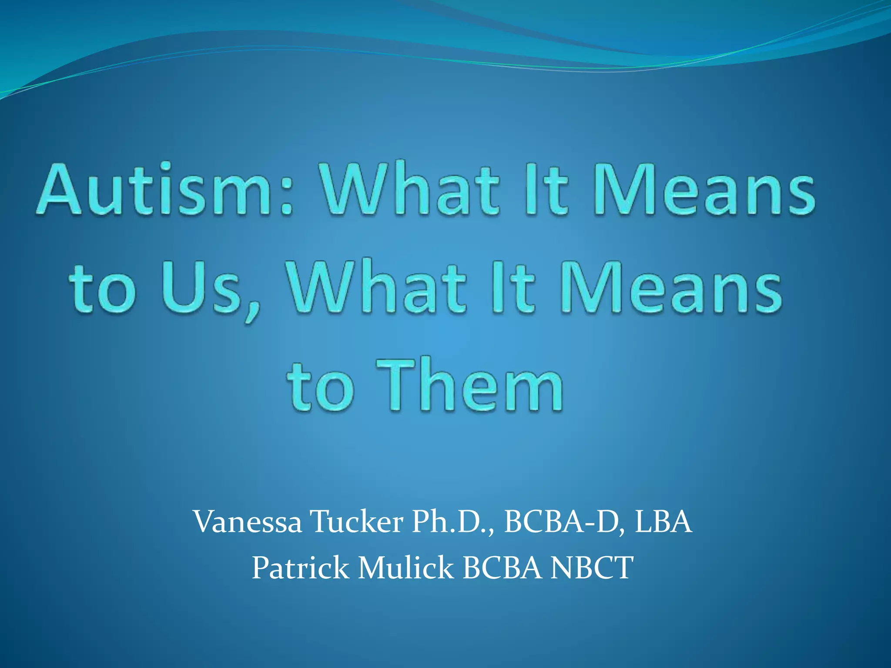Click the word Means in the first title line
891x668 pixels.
[704, 190]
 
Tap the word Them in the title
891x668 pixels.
[470, 385]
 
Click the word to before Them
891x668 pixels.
[320, 387]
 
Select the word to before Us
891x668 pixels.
[102, 289]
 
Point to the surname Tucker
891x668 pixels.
[356, 522]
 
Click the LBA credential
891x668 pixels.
[663, 522]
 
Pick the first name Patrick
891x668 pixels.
[300, 568]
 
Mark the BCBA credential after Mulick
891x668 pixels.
[502, 568]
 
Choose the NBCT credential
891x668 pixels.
[592, 568]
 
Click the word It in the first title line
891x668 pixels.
[546, 190]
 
